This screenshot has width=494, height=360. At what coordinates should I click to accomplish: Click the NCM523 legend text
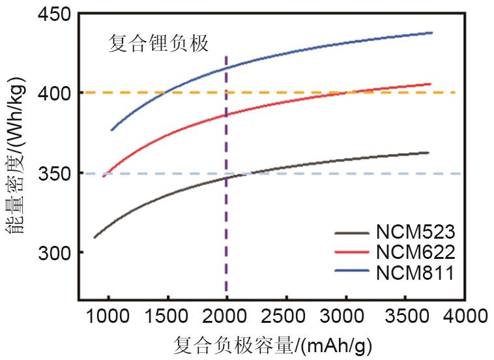coord(415,232)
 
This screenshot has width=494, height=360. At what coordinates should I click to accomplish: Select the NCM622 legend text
coord(415,252)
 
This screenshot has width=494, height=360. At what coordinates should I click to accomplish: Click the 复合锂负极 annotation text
coord(158,44)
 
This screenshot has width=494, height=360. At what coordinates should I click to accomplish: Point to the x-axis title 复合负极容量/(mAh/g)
coord(273,344)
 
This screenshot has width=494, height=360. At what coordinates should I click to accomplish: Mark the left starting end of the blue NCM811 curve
coord(111,130)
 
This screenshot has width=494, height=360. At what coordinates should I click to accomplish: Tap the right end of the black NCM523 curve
coord(429,153)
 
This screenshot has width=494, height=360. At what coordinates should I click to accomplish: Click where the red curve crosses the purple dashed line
coord(226,115)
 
